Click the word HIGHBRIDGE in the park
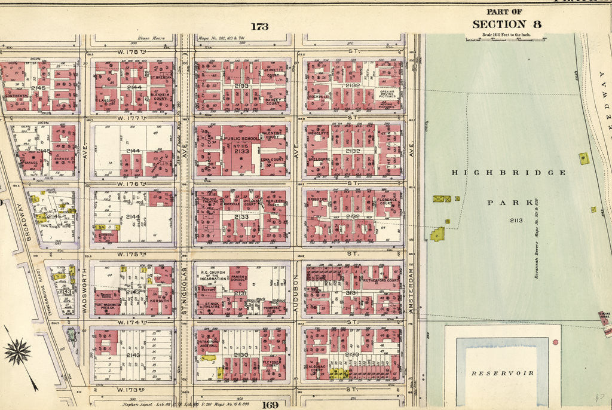(509, 173)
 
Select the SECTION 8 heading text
(507, 25)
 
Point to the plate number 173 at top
(259, 26)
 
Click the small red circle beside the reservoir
(555, 342)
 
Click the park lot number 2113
(516, 221)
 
